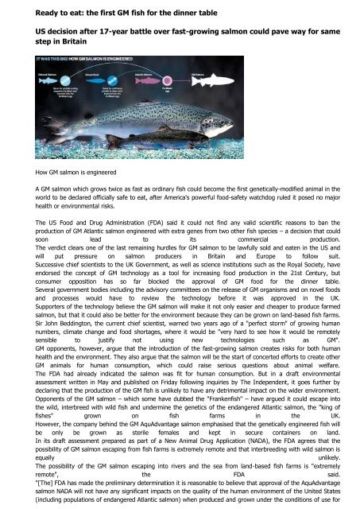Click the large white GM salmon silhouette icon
pyautogui.click(x=312, y=85)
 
